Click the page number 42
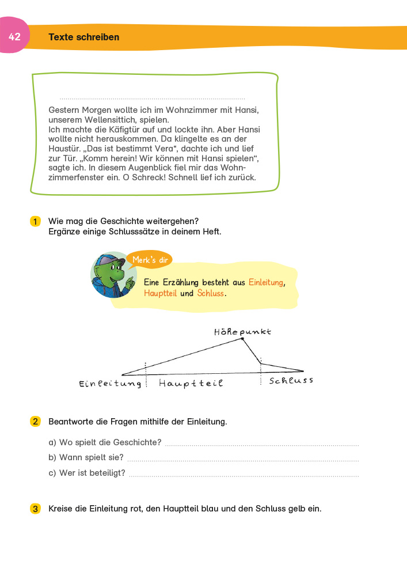pos(14,37)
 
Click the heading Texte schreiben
pos(84,37)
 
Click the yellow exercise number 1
pos(35,221)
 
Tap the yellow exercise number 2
pos(35,422)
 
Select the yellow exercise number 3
pos(35,509)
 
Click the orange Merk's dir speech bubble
pos(149,260)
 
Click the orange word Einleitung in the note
pos(266,282)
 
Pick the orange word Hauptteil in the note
pos(161,293)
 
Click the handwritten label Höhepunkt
pos(242,332)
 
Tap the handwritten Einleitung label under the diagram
pos(110,384)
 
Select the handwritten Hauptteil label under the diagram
pos(191,383)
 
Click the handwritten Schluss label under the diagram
pos(291,381)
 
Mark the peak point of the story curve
pos(242,339)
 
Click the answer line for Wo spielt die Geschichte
pos(261,445)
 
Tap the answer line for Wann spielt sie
pos(242,460)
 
